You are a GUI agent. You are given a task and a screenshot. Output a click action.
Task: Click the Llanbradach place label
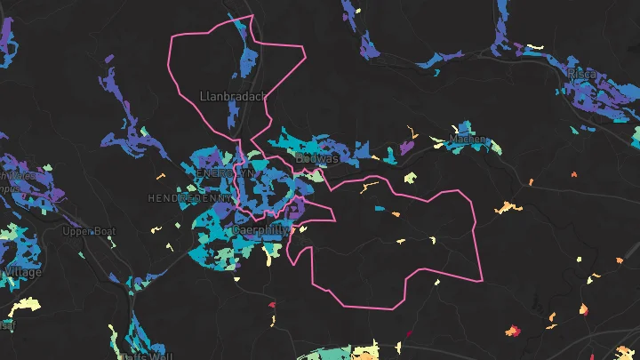coord(234,96)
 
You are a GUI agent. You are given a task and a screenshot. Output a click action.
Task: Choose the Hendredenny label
coord(187,197)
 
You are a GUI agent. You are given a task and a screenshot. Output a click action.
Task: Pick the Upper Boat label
coord(89,231)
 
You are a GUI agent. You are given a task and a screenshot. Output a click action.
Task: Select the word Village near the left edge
coord(23,272)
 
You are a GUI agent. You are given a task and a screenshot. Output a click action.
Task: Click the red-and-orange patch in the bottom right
coord(514,332)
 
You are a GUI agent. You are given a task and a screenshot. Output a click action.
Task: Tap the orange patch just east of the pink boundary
coord(505,208)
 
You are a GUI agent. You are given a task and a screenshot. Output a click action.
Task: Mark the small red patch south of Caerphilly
coord(272,306)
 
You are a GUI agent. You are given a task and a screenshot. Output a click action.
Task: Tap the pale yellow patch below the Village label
coord(25,304)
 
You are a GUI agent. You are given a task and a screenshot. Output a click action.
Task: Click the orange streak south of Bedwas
coord(369,187)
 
